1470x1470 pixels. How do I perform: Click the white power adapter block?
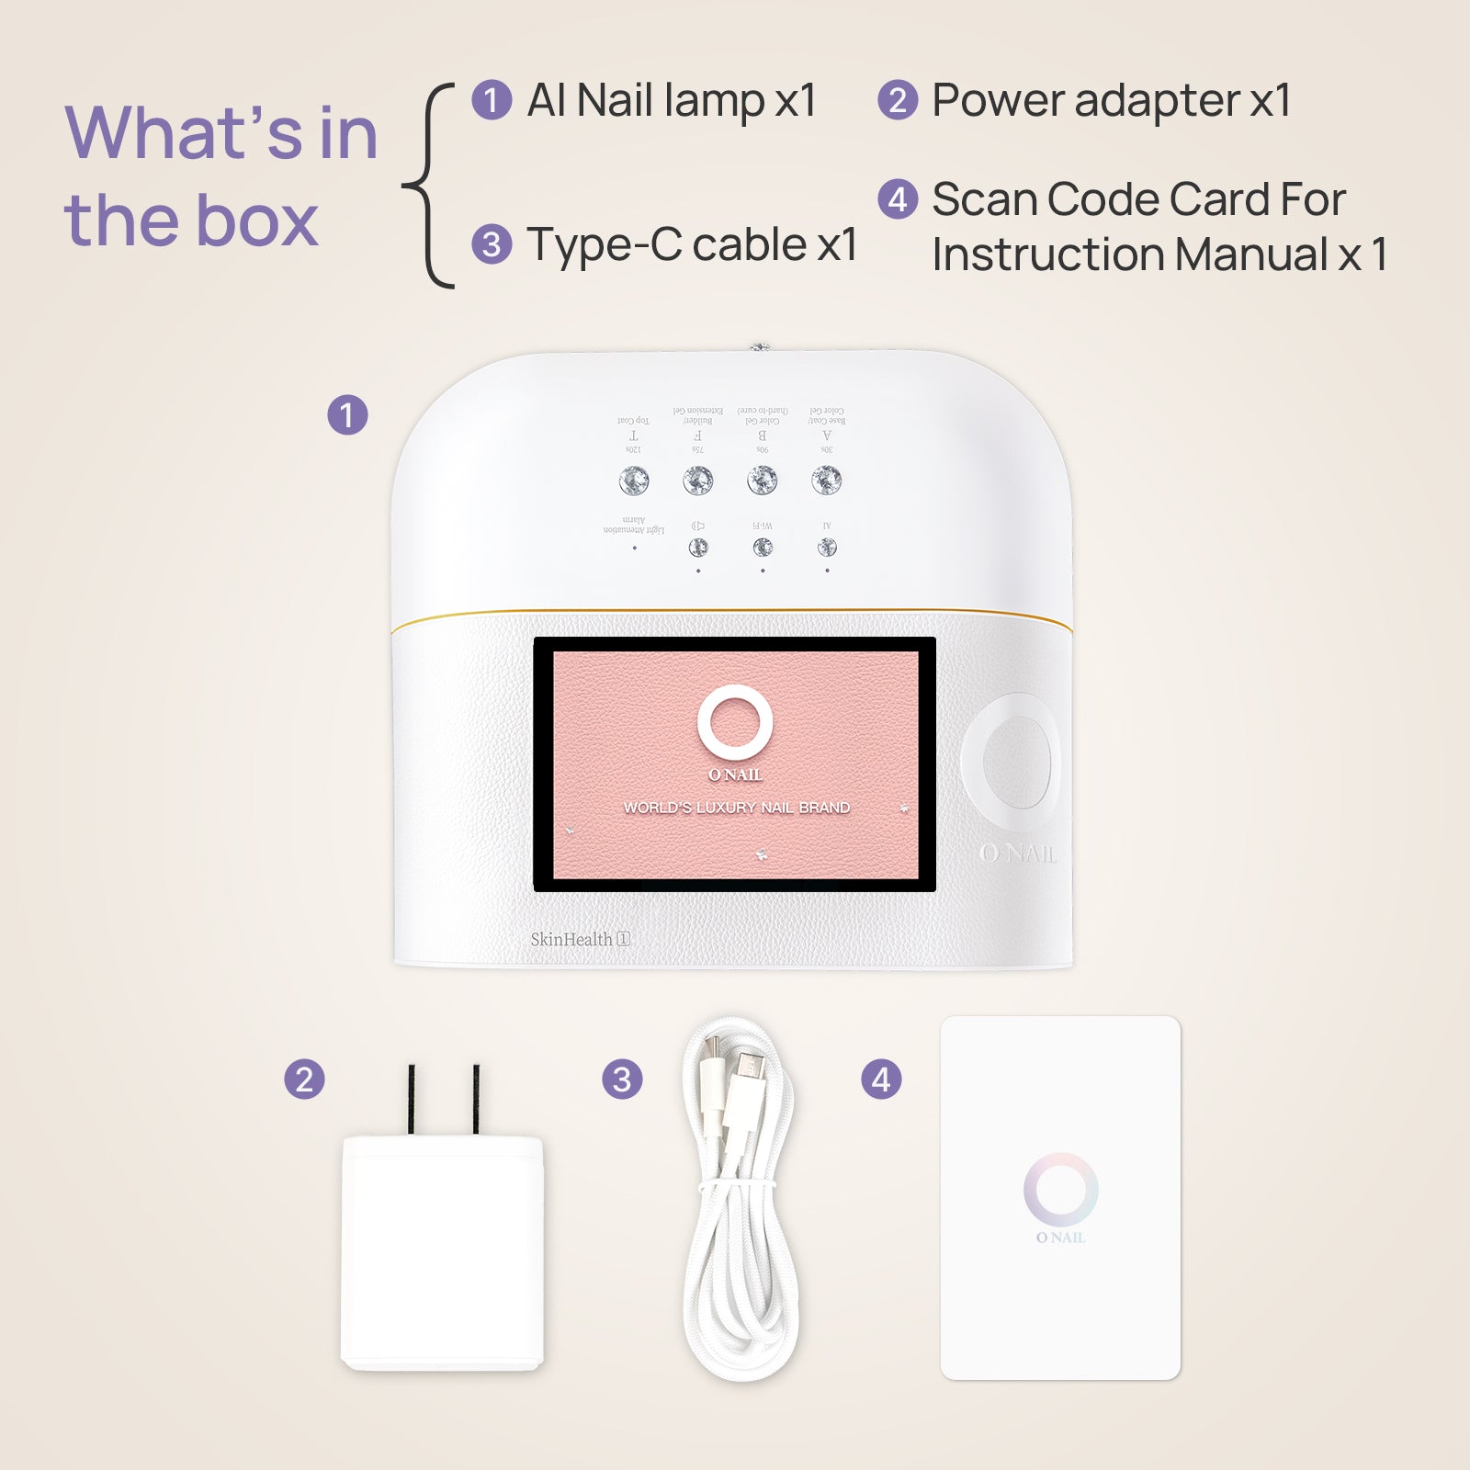(442, 1254)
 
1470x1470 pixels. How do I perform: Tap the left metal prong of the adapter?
(412, 1099)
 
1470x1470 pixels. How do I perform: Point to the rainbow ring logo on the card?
(1060, 1190)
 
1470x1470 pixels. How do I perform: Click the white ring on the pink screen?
(735, 722)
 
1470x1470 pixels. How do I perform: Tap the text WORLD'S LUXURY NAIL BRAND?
(737, 808)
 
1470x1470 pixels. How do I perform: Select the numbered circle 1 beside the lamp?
(347, 415)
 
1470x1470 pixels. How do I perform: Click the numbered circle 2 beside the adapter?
(304, 1080)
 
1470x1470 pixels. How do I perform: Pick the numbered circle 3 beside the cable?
(622, 1080)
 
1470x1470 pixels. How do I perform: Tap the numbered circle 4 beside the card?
(881, 1080)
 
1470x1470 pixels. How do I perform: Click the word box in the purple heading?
(255, 221)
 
